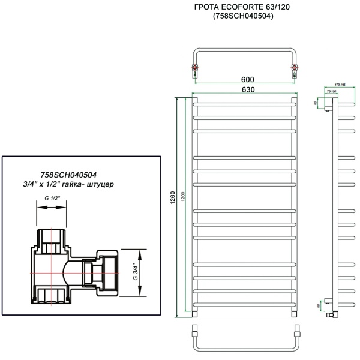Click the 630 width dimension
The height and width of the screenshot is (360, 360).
click(244, 89)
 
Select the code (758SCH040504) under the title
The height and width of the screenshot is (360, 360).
click(244, 16)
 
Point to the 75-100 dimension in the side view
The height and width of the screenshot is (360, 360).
click(331, 92)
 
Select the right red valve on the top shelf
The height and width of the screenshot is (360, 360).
click(293, 70)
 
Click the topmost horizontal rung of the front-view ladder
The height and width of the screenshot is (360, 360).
click(243, 103)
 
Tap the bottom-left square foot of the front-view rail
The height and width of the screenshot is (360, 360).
click(193, 313)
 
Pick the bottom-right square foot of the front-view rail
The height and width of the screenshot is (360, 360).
click(294, 313)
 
